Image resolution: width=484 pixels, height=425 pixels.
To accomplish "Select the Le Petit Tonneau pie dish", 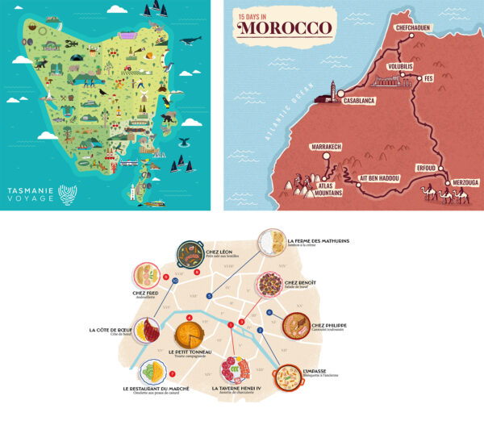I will [x=190, y=334].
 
